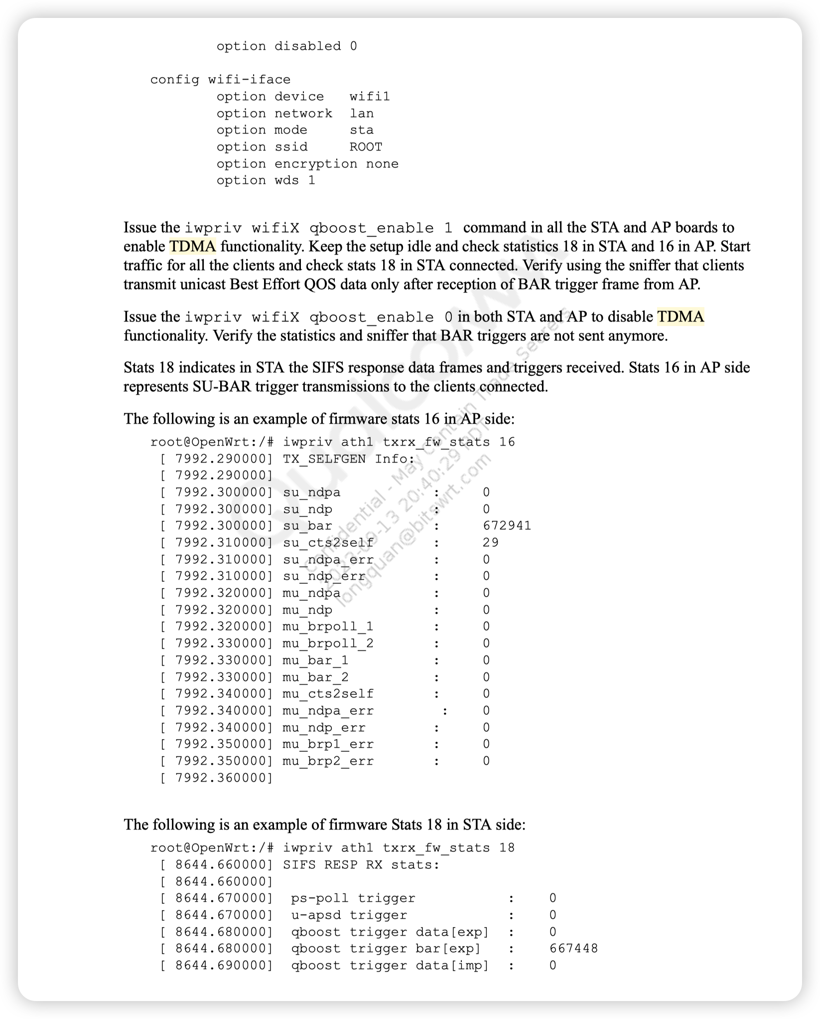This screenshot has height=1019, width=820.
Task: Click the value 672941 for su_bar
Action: (x=507, y=526)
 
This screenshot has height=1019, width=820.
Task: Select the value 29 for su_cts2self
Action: (x=491, y=542)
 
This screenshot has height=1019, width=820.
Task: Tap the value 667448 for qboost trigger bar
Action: (x=573, y=948)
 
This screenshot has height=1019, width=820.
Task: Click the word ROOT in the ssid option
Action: (x=366, y=147)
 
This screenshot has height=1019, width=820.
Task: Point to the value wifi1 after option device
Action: (x=370, y=97)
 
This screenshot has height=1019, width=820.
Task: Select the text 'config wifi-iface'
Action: (x=220, y=80)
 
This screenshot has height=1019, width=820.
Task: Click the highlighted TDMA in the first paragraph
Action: (x=193, y=246)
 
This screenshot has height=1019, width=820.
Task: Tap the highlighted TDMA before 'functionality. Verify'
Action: (x=681, y=317)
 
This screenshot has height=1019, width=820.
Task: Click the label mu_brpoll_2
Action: (x=328, y=644)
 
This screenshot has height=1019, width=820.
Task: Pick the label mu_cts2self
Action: (x=328, y=694)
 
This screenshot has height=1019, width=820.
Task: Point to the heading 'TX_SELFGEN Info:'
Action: (x=349, y=459)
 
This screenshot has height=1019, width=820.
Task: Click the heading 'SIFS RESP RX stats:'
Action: (x=361, y=864)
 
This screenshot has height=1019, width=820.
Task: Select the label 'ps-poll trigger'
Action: (x=353, y=898)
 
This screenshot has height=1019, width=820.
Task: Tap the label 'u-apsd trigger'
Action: (x=349, y=915)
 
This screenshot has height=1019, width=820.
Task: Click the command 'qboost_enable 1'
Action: (x=381, y=228)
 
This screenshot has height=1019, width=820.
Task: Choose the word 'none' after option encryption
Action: (x=382, y=164)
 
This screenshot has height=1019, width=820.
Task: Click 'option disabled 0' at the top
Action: (x=286, y=46)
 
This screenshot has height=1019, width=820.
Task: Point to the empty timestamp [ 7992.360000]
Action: (x=216, y=778)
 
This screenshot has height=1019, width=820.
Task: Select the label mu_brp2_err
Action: (x=328, y=761)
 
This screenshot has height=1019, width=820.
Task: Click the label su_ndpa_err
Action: (x=328, y=559)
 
